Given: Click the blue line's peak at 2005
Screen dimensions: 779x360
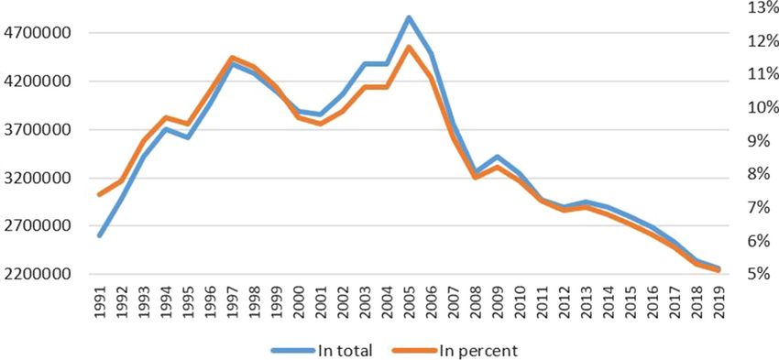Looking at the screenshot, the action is coord(409,18).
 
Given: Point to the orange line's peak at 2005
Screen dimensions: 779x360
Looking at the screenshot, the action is coord(409,47).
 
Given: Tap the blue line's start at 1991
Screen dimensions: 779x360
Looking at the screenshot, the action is coord(100,235).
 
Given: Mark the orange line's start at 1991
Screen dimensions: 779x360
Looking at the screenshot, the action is coord(100,194).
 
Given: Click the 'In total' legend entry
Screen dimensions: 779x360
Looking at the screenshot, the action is coord(322,351).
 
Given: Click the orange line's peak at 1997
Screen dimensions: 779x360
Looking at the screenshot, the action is coord(232,58).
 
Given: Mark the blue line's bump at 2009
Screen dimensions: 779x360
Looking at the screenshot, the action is coord(497,157).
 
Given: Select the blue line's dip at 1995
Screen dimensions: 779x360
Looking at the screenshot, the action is coord(188,137).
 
